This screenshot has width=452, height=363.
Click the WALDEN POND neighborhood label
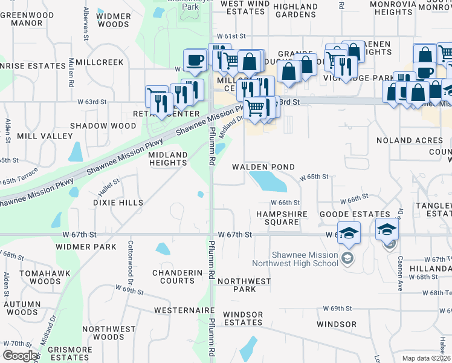pyautogui.click(x=264, y=167)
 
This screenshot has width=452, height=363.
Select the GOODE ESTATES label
pyautogui.click(x=355, y=214)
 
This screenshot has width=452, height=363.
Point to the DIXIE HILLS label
pyautogui.click(x=118, y=203)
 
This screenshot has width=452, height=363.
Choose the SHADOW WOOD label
pyautogui.click(x=103, y=126)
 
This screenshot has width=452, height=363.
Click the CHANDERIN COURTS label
pyautogui.click(x=177, y=276)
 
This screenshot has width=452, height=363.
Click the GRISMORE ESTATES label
pyautogui.click(x=69, y=354)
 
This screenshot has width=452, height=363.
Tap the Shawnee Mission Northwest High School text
pyautogui.click(x=305, y=259)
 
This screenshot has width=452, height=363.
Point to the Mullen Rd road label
pyautogui.click(x=71, y=73)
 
